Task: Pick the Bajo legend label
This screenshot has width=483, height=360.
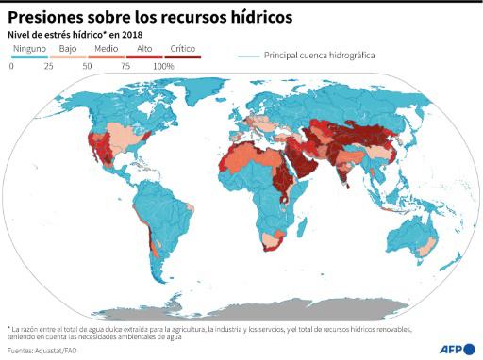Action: click(x=67, y=47)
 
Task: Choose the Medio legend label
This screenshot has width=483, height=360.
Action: click(x=106, y=47)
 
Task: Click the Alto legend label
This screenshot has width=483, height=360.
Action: click(x=145, y=47)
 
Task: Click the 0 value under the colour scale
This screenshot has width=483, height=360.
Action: click(x=10, y=67)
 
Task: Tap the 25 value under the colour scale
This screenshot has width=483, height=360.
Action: click(x=47, y=67)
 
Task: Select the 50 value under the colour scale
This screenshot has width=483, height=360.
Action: click(x=87, y=67)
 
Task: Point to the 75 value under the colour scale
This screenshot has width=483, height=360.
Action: click(x=125, y=67)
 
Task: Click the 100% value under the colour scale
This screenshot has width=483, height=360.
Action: click(x=163, y=67)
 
